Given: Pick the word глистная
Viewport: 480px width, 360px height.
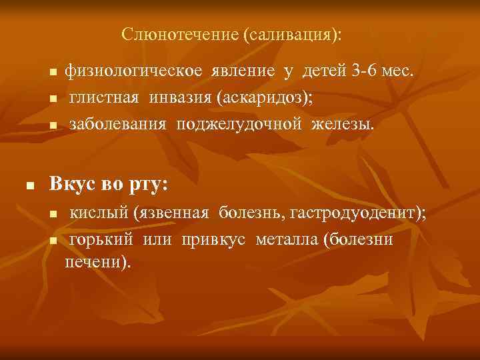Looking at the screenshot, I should click(x=105, y=98).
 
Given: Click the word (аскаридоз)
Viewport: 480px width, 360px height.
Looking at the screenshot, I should click(x=264, y=98).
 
